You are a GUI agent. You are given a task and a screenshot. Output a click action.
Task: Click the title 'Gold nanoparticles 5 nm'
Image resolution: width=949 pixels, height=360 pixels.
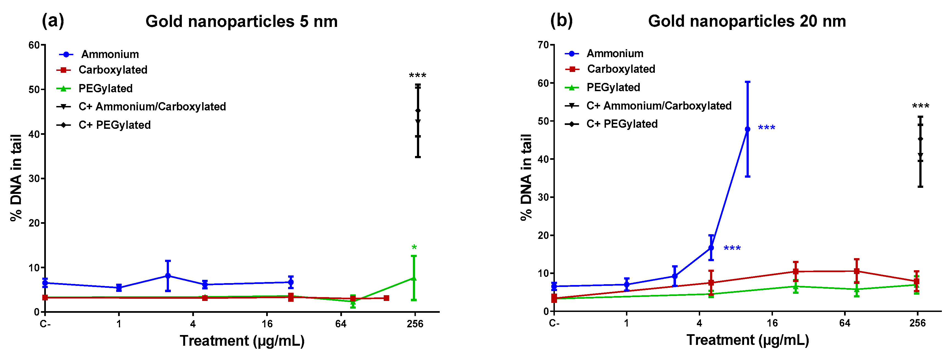pos(241,21)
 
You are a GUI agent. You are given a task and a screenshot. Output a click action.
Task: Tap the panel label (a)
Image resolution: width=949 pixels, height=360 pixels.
pos(53,21)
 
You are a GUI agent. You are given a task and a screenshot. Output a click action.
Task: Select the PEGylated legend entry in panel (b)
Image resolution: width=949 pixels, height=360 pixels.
pos(613,87)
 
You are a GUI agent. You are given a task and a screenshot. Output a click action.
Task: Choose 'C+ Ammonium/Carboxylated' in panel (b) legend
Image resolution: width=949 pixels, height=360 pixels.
pos(659,106)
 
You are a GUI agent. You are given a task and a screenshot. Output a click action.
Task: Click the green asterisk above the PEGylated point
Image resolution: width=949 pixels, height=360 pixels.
pos(414,248)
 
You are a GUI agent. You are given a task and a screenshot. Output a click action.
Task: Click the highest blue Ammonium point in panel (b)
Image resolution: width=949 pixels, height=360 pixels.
pos(747,129)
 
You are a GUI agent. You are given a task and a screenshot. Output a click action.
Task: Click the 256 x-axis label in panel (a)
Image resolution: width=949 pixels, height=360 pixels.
pos(415,324)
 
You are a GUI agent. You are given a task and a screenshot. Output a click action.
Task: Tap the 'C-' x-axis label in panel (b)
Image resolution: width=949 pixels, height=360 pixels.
pos(554,323)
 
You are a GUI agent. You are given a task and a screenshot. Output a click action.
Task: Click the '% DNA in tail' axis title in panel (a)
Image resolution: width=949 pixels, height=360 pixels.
pos(16,178)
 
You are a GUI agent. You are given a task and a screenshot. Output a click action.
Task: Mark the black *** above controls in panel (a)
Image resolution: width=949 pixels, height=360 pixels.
pos(418,76)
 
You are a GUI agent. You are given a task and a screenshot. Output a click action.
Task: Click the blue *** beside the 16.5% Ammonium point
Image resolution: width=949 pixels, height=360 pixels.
pos(732,248)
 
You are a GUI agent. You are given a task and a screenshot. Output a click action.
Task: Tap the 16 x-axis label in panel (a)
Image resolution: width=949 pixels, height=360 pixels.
pos(267,324)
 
